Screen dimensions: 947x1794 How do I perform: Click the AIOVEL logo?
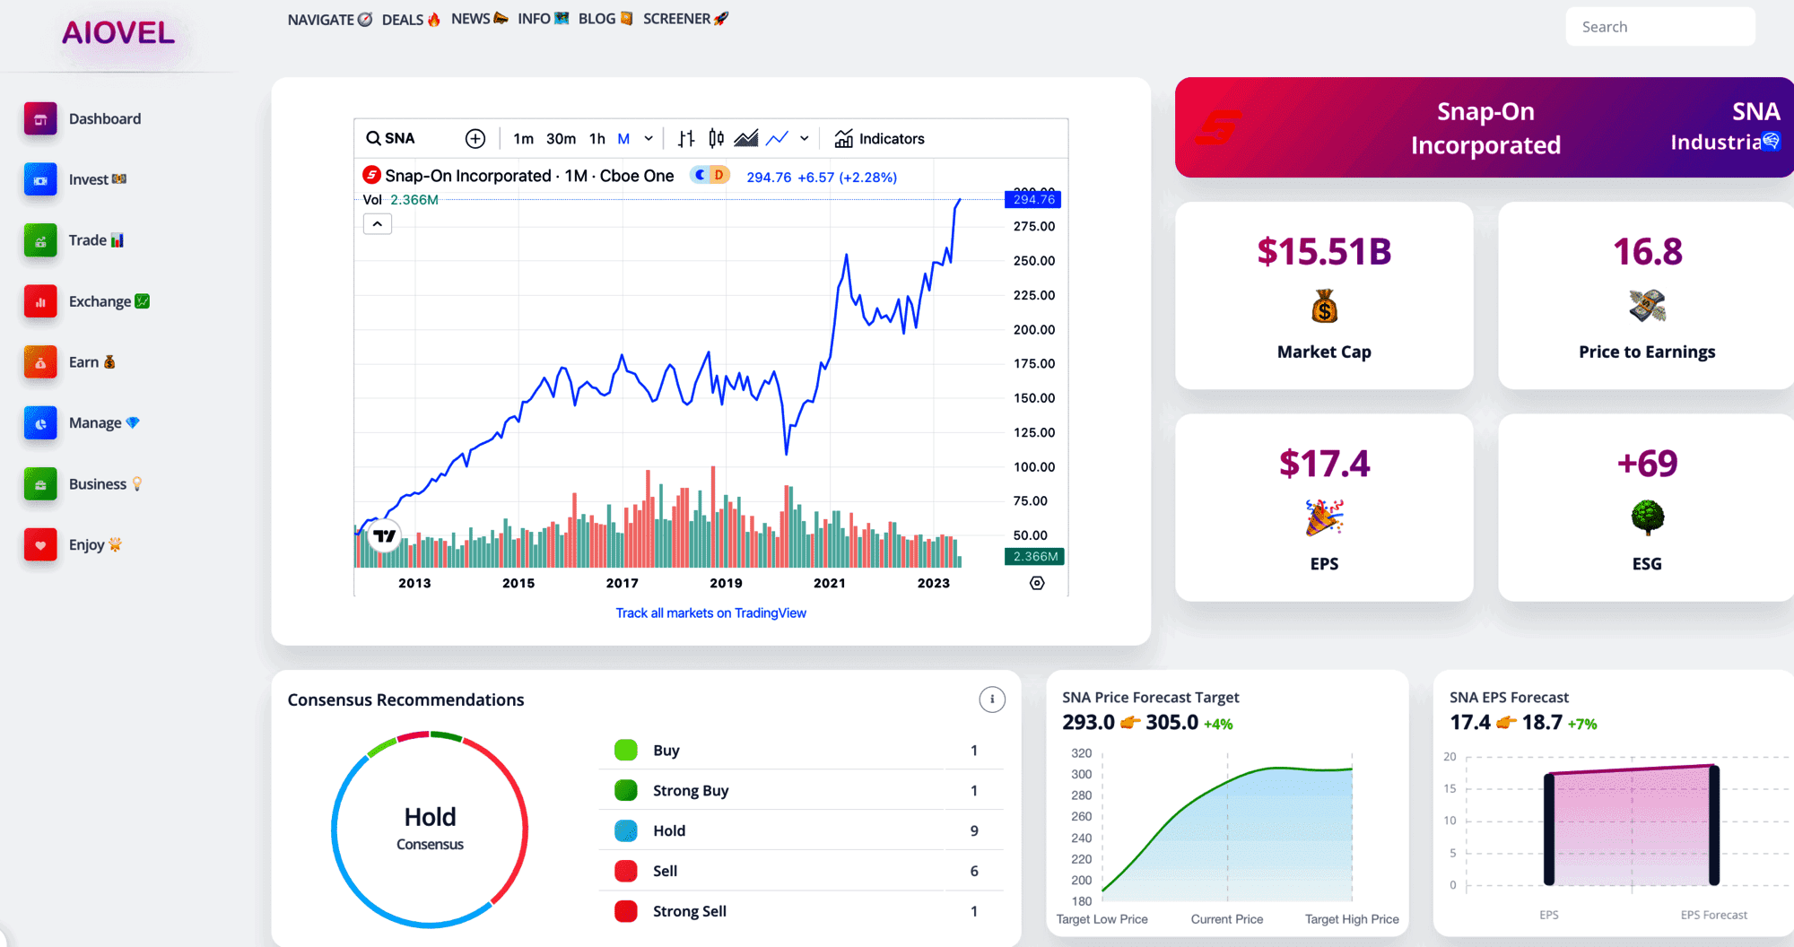click(x=118, y=33)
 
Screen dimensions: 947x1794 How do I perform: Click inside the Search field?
click(x=1659, y=27)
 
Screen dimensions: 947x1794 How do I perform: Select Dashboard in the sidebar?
click(x=104, y=118)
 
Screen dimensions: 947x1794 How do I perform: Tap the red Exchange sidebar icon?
click(x=40, y=302)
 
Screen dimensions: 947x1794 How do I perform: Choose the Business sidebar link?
click(x=97, y=484)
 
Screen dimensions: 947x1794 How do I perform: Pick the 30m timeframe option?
click(x=561, y=139)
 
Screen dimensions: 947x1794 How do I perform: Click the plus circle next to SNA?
click(x=475, y=139)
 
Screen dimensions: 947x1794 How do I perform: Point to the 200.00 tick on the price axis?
click(x=1033, y=330)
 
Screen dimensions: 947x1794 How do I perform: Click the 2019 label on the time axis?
click(x=726, y=583)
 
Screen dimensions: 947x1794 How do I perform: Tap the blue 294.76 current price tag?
click(x=1033, y=199)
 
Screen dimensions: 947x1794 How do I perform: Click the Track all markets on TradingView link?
click(x=710, y=613)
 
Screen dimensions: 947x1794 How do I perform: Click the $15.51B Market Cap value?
click(x=1324, y=252)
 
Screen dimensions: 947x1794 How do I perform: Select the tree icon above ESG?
click(x=1647, y=517)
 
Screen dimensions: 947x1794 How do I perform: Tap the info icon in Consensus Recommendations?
click(x=991, y=699)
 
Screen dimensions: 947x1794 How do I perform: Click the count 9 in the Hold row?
click(x=974, y=831)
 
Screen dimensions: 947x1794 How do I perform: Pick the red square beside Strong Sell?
click(x=626, y=911)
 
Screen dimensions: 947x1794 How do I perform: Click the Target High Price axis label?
click(x=1351, y=919)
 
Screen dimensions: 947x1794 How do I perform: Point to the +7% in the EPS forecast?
click(x=1582, y=725)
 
